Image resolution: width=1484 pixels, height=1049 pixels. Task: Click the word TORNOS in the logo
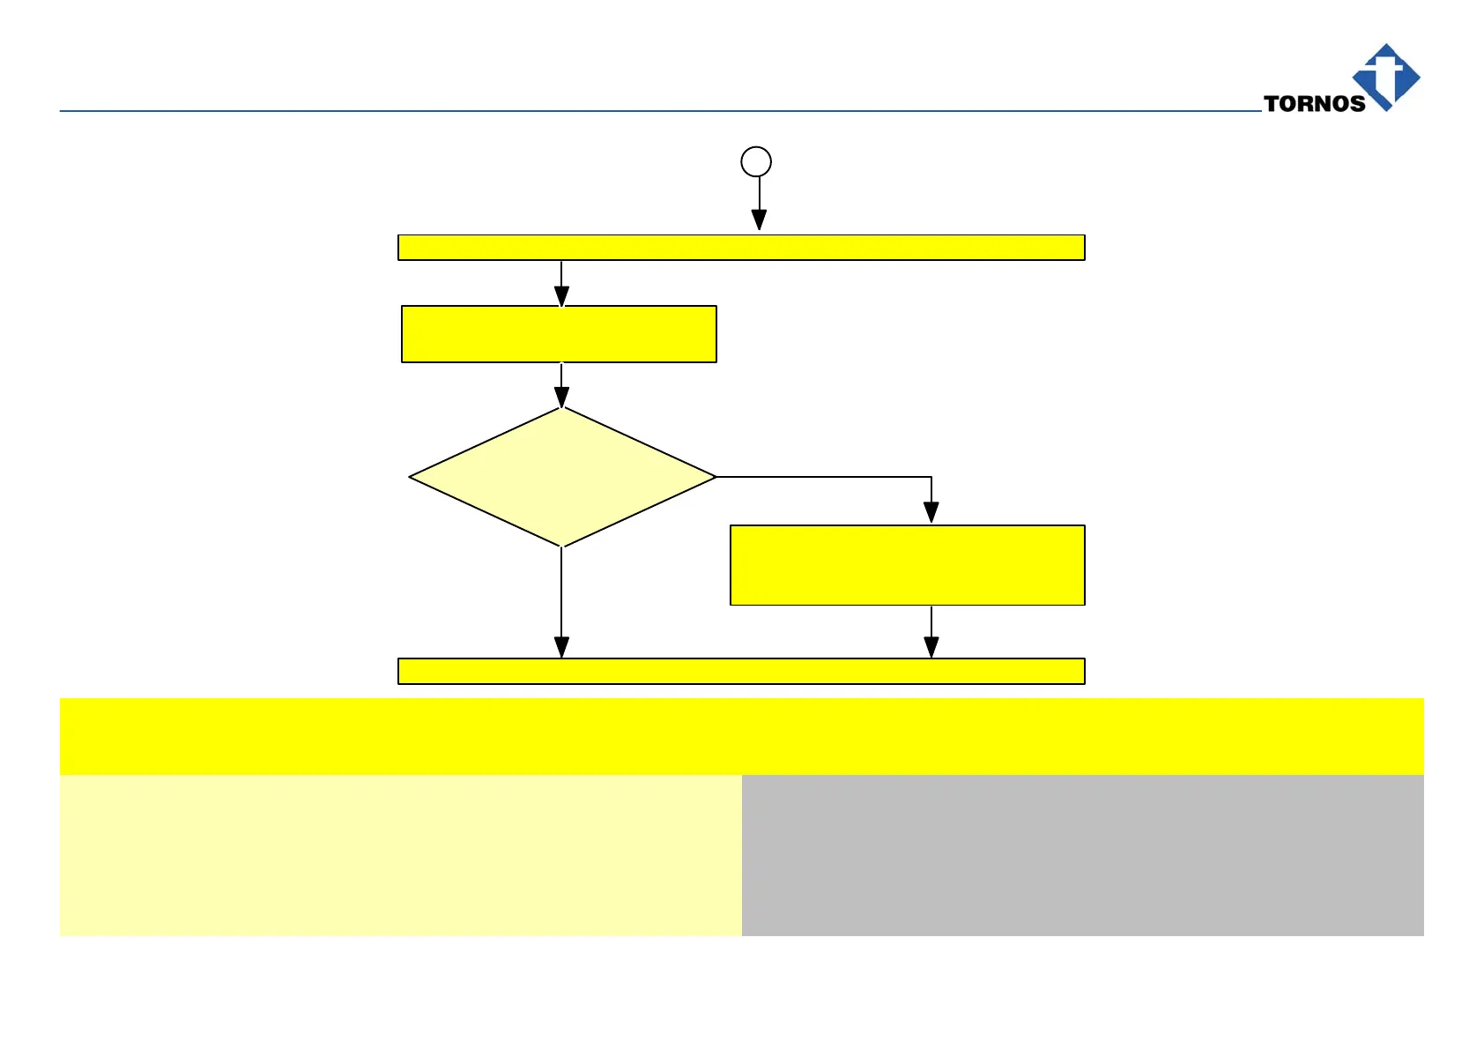pos(1314,103)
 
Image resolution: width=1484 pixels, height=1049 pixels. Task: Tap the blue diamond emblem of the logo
pos(1386,77)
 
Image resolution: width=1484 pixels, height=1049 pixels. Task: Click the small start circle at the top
pos(756,161)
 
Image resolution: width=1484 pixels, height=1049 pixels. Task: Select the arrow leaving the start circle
pos(759,203)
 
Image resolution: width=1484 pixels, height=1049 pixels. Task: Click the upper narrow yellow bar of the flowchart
pos(741,248)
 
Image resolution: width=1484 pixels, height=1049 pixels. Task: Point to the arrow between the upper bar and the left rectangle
pos(561,284)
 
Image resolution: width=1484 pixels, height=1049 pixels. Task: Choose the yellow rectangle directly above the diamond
pos(559,334)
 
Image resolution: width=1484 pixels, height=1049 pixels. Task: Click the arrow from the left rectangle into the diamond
pos(561,385)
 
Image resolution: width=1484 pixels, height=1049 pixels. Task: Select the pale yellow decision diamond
pos(562,477)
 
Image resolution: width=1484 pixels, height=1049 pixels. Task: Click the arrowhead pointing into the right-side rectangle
pos(931,512)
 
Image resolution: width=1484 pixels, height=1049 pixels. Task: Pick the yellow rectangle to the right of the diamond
pos(907,565)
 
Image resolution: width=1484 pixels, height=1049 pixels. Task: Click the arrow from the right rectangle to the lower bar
pos(931,632)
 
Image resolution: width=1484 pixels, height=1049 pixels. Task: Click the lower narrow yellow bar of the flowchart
pos(741,671)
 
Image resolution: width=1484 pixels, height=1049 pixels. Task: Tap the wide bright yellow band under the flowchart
pos(741,736)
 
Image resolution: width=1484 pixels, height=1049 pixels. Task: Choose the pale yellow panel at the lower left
pos(400,855)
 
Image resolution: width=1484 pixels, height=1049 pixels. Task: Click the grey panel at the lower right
pos(1082,855)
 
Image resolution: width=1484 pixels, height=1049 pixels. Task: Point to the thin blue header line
pos(617,111)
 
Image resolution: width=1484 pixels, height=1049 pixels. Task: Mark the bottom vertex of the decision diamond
pos(562,545)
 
